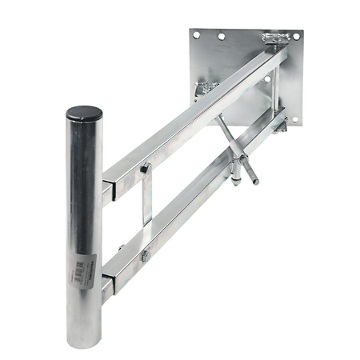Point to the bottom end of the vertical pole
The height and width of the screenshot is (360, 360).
pos(84,342)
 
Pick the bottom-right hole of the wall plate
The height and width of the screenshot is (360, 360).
pos(294,120)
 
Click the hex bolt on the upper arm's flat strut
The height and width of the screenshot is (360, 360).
pos(146,168)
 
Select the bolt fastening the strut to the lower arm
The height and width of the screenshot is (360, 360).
pos(146,255)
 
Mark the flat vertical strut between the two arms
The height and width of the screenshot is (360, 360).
pos(146,212)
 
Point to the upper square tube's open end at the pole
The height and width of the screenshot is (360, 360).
pos(106,192)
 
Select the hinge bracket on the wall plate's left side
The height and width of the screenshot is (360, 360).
pos(206,88)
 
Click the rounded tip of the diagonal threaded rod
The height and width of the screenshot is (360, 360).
pos(256,182)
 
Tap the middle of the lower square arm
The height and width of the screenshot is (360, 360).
pos(192,210)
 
